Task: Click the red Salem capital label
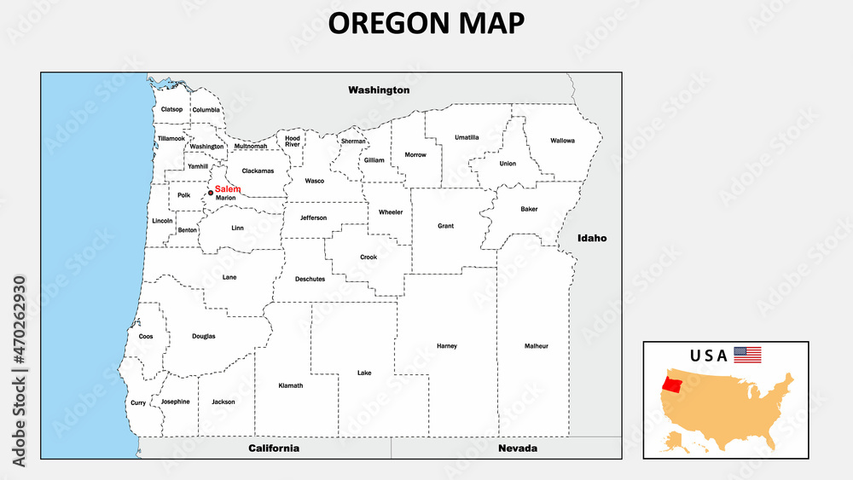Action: pyautogui.click(x=228, y=188)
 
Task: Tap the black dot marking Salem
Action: pyautogui.click(x=211, y=193)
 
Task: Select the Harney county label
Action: pyautogui.click(x=447, y=346)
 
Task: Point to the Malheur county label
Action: pyautogui.click(x=537, y=346)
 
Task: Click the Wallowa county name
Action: pyautogui.click(x=563, y=141)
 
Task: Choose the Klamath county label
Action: pyautogui.click(x=291, y=385)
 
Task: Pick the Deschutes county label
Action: pyautogui.click(x=310, y=279)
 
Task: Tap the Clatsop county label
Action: pyautogui.click(x=172, y=109)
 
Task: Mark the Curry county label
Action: pyautogui.click(x=138, y=402)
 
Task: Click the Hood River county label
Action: pyautogui.click(x=293, y=141)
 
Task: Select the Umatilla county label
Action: pyautogui.click(x=467, y=137)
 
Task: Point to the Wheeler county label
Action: pyautogui.click(x=391, y=212)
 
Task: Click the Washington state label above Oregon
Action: pyautogui.click(x=379, y=90)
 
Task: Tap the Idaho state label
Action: pyautogui.click(x=592, y=238)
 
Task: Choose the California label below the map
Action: pyautogui.click(x=274, y=448)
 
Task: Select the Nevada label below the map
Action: pyautogui.click(x=518, y=448)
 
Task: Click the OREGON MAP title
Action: pyautogui.click(x=426, y=23)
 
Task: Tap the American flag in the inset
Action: pyautogui.click(x=747, y=355)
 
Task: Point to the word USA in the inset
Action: pyautogui.click(x=709, y=356)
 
